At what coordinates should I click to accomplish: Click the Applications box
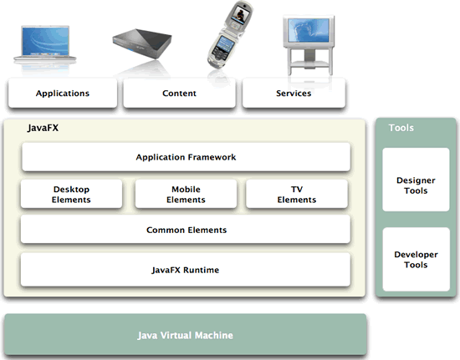[63, 93]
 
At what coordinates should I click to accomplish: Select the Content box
[179, 93]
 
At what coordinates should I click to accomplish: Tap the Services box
[294, 93]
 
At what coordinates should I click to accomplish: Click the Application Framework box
[186, 157]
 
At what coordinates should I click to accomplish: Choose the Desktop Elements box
[71, 195]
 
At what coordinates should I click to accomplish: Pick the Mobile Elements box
[186, 195]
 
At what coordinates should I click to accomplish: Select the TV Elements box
[297, 195]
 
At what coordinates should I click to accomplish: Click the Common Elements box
[186, 230]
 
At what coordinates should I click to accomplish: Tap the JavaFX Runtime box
[186, 270]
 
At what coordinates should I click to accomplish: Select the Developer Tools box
[416, 259]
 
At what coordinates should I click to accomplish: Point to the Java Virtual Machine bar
[186, 334]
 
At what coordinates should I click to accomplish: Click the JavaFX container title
[43, 128]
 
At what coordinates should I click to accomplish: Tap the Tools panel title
[401, 128]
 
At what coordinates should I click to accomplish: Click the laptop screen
[45, 41]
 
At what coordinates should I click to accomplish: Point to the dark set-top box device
[142, 43]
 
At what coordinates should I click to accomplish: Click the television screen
[309, 30]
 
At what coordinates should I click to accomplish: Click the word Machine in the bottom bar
[214, 335]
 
